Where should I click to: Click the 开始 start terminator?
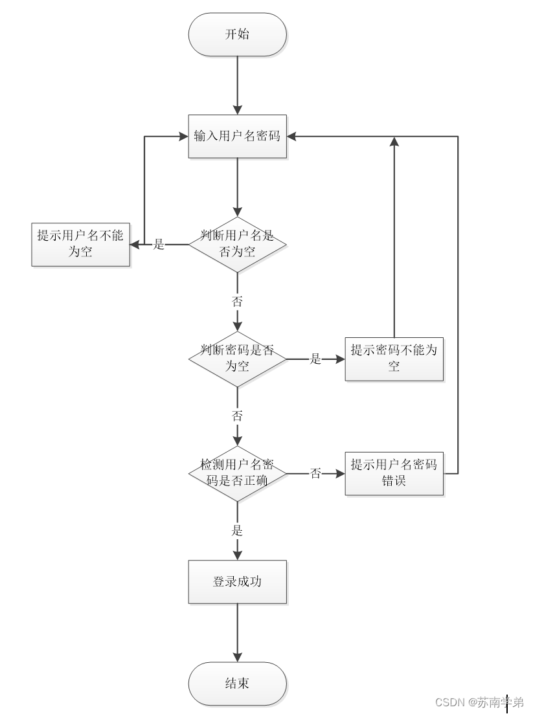tap(237, 34)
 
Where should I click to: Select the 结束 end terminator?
tap(237, 684)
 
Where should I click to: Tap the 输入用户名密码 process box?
tap(237, 136)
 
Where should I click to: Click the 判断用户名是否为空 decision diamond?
tap(237, 244)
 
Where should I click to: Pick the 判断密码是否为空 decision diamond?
tap(237, 358)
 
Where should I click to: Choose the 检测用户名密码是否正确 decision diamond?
tap(237, 473)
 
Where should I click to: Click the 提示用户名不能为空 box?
tap(80, 244)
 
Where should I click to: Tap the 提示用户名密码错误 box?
tap(394, 473)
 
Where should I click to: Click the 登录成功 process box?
tap(237, 581)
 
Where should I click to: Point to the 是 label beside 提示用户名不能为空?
tap(159, 245)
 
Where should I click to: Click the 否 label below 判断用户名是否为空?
tap(237, 301)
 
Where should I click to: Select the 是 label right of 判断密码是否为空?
tap(315, 359)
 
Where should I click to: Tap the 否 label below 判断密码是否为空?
tap(237, 416)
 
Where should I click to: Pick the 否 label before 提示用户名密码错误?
tap(315, 474)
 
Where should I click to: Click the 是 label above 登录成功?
tap(237, 531)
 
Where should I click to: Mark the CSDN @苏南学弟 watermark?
tap(479, 702)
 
